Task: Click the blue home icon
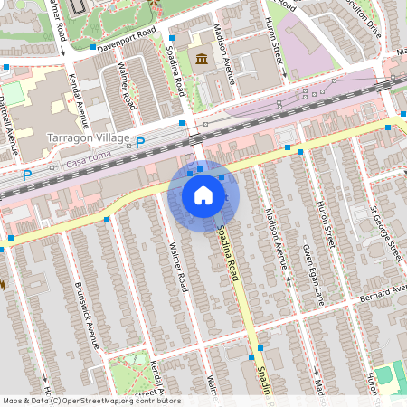203,194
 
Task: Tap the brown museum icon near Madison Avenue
200,61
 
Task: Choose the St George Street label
386,232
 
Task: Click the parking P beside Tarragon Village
139,142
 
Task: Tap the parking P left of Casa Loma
26,175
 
